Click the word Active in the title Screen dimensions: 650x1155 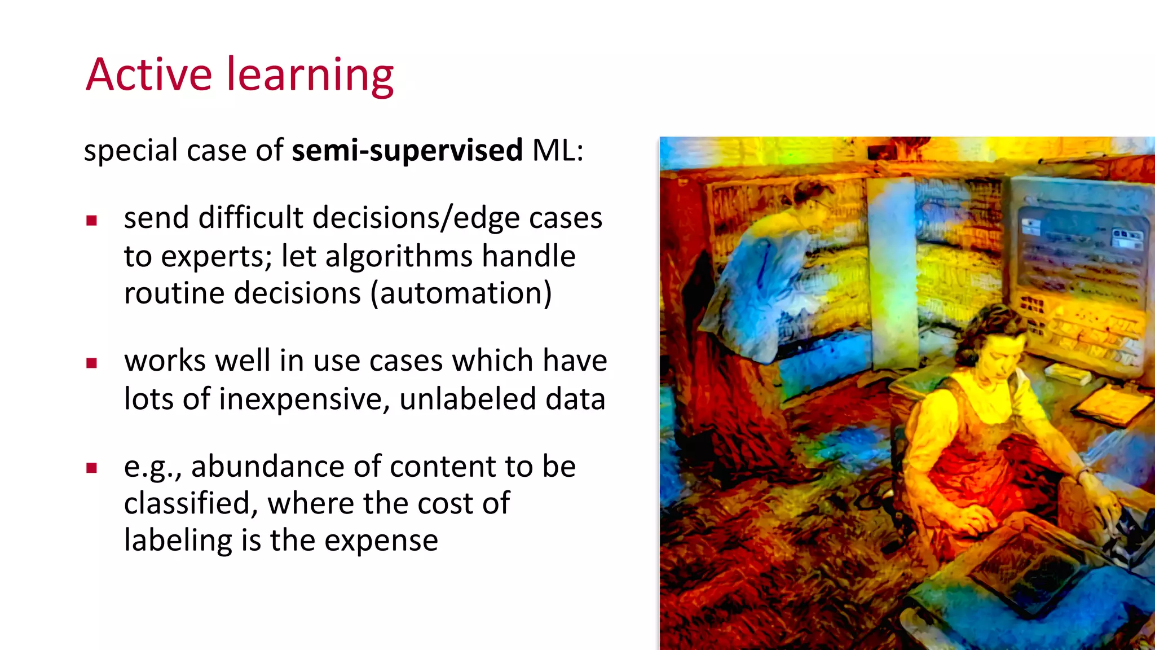tap(149, 75)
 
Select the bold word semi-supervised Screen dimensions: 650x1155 tap(407, 151)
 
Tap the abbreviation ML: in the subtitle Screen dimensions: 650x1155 tap(557, 151)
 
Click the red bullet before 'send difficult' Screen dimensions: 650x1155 tap(92, 221)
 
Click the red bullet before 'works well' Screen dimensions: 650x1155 tap(92, 363)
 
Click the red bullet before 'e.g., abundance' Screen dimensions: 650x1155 tap(92, 468)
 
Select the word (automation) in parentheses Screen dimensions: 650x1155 tap(461, 293)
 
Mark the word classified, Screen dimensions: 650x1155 tap(191, 503)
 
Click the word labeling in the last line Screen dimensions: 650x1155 tap(178, 541)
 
